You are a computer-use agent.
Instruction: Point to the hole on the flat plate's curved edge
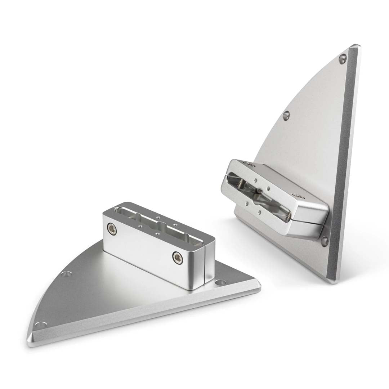pyautogui.click(x=65, y=274)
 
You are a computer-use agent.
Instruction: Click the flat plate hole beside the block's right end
pyautogui.click(x=220, y=283)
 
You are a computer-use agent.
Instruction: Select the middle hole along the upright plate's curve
pyautogui.click(x=286, y=115)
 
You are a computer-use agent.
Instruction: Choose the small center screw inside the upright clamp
pyautogui.click(x=260, y=191)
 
